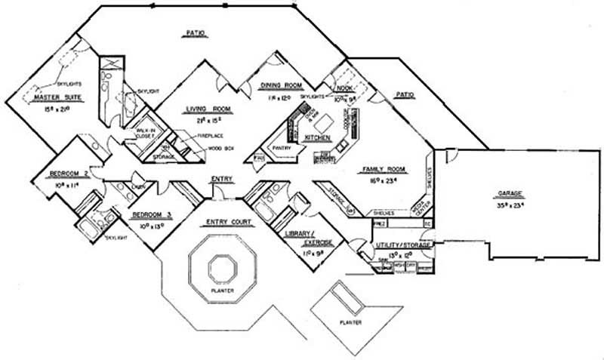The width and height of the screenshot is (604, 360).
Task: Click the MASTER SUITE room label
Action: pos(63,97)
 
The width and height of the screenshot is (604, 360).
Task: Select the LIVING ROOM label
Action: pos(208,110)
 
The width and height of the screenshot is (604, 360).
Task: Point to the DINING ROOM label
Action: pos(281,86)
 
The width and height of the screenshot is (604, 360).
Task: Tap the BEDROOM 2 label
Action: pos(69,174)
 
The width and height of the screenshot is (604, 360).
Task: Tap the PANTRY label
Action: pos(282,149)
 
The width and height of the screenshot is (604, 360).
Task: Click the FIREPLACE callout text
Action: pos(209,135)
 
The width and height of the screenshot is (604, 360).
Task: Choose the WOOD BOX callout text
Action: pos(220,149)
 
